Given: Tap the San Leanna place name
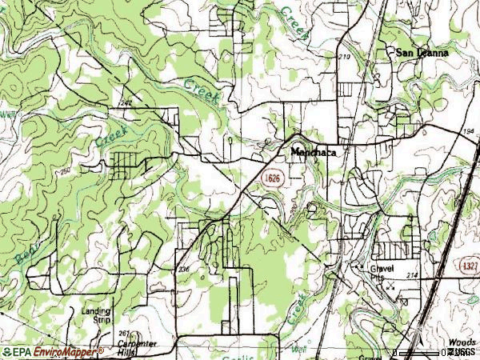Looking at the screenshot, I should click(x=422, y=53).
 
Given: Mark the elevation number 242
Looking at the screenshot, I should click(x=125, y=102).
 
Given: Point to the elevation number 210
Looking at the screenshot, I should click(x=345, y=57).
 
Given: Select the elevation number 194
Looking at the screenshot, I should click(x=469, y=130).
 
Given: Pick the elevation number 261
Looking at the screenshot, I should click(x=122, y=332).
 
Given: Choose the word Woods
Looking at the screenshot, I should click(x=462, y=342).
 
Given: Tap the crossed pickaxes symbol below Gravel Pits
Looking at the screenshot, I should click(x=390, y=285).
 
